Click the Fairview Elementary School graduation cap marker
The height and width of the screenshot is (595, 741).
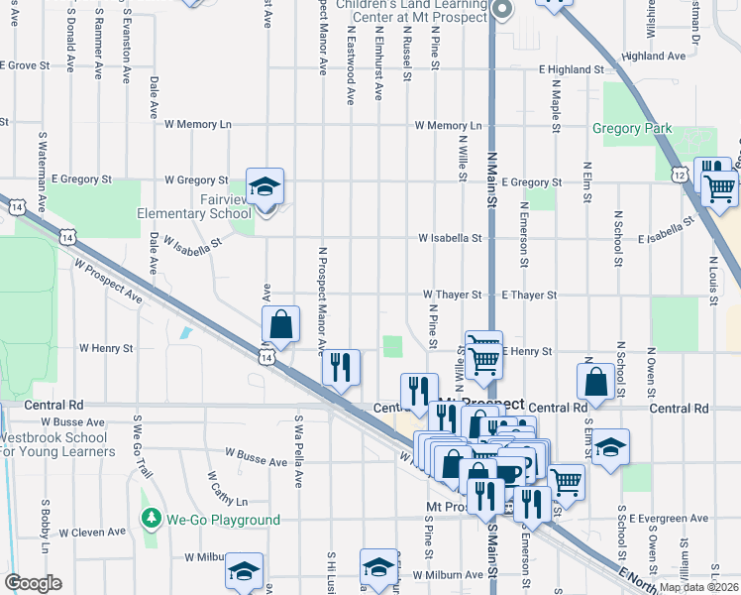[x=265, y=186]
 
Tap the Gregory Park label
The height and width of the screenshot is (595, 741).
[x=631, y=128]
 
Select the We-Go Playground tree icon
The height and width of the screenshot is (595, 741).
[x=151, y=519]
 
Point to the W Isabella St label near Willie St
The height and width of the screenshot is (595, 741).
[x=449, y=239]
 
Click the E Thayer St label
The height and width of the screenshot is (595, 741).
[x=529, y=296]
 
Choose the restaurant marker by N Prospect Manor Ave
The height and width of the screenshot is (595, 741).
[x=340, y=367]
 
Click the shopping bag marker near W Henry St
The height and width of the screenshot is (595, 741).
[x=280, y=323]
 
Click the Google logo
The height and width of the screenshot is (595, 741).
[x=33, y=582]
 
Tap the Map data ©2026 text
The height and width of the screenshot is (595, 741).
[x=698, y=587]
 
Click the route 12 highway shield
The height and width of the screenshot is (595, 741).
[x=679, y=174]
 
